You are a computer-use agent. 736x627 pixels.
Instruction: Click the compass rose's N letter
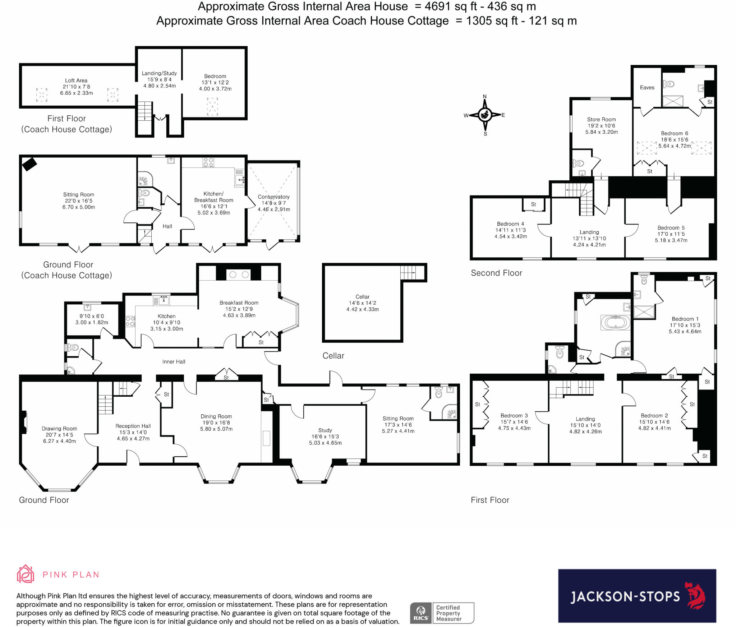(485, 96)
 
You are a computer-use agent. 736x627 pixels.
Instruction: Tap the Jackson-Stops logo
(637, 596)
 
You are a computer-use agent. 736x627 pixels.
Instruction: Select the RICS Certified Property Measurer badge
(442, 613)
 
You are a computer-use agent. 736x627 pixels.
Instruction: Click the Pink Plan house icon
(26, 574)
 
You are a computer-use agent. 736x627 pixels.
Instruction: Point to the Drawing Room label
(59, 428)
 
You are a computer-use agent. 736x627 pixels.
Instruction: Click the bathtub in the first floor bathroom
(616, 322)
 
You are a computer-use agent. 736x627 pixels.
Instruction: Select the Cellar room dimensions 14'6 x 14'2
(362, 303)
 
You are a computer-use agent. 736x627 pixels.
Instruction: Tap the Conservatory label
(273, 197)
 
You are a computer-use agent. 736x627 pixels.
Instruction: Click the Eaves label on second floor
(647, 87)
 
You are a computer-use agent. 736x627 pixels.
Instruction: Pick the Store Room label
(601, 119)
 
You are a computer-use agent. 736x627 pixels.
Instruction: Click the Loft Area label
(76, 80)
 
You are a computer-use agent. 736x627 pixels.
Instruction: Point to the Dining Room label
(216, 416)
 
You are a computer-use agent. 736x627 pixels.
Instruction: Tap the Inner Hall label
(174, 361)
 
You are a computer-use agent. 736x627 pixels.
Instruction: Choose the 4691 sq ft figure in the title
(451, 6)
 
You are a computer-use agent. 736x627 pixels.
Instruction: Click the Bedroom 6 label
(675, 133)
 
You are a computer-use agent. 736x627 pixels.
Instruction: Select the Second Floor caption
(496, 273)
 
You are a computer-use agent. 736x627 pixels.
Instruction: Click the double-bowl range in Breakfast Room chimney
(239, 275)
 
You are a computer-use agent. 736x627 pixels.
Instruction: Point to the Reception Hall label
(133, 426)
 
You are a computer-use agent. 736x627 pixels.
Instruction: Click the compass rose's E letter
(503, 115)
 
